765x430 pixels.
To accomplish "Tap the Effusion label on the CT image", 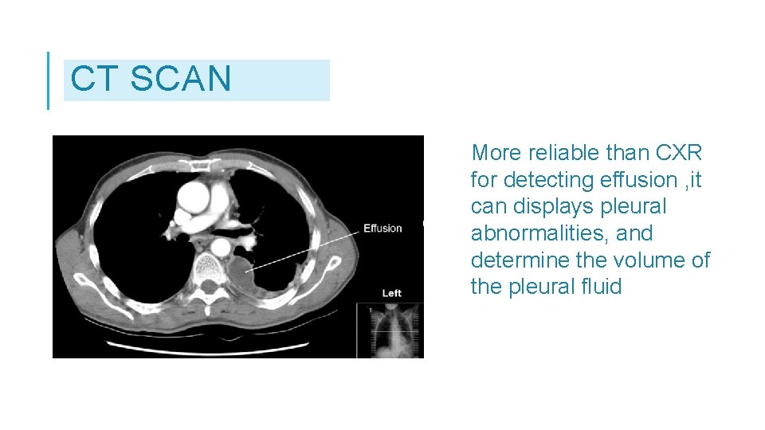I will [x=382, y=229].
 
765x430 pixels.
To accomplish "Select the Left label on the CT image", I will [x=391, y=293].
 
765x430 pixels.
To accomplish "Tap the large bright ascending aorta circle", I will [x=194, y=193].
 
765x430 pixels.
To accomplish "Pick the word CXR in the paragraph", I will [x=678, y=152].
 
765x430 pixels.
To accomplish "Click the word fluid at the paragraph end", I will [x=599, y=287].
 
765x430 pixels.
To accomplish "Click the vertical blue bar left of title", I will [x=49, y=80].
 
